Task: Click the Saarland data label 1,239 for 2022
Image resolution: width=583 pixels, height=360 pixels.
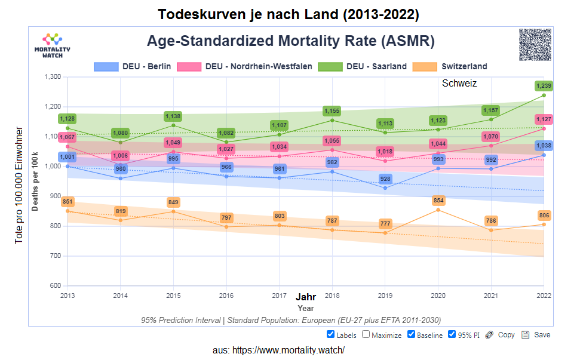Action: [544, 86]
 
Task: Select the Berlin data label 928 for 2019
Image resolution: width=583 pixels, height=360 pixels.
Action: [385, 179]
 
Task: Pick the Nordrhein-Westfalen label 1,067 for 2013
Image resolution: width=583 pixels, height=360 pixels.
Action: [67, 137]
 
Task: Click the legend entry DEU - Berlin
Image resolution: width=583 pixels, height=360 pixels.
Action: [133, 66]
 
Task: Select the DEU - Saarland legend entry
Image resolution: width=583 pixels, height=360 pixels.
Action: [363, 66]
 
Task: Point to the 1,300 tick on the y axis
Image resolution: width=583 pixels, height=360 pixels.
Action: [53, 77]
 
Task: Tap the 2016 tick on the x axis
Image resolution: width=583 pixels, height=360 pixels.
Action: [226, 295]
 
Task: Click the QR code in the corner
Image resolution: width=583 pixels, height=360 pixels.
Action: [535, 44]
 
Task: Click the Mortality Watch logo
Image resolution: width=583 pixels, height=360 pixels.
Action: [53, 45]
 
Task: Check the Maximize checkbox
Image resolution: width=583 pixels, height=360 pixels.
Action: [366, 334]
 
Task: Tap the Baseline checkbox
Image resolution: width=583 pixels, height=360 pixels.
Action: [412, 334]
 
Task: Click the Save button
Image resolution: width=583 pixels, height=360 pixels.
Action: [536, 334]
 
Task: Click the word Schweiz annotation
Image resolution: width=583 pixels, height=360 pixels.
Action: [459, 84]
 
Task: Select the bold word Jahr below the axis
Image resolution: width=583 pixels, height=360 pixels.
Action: [306, 297]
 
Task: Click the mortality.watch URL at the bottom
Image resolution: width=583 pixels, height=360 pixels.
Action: [279, 350]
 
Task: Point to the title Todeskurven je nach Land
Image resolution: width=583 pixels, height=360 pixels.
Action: [289, 14]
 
